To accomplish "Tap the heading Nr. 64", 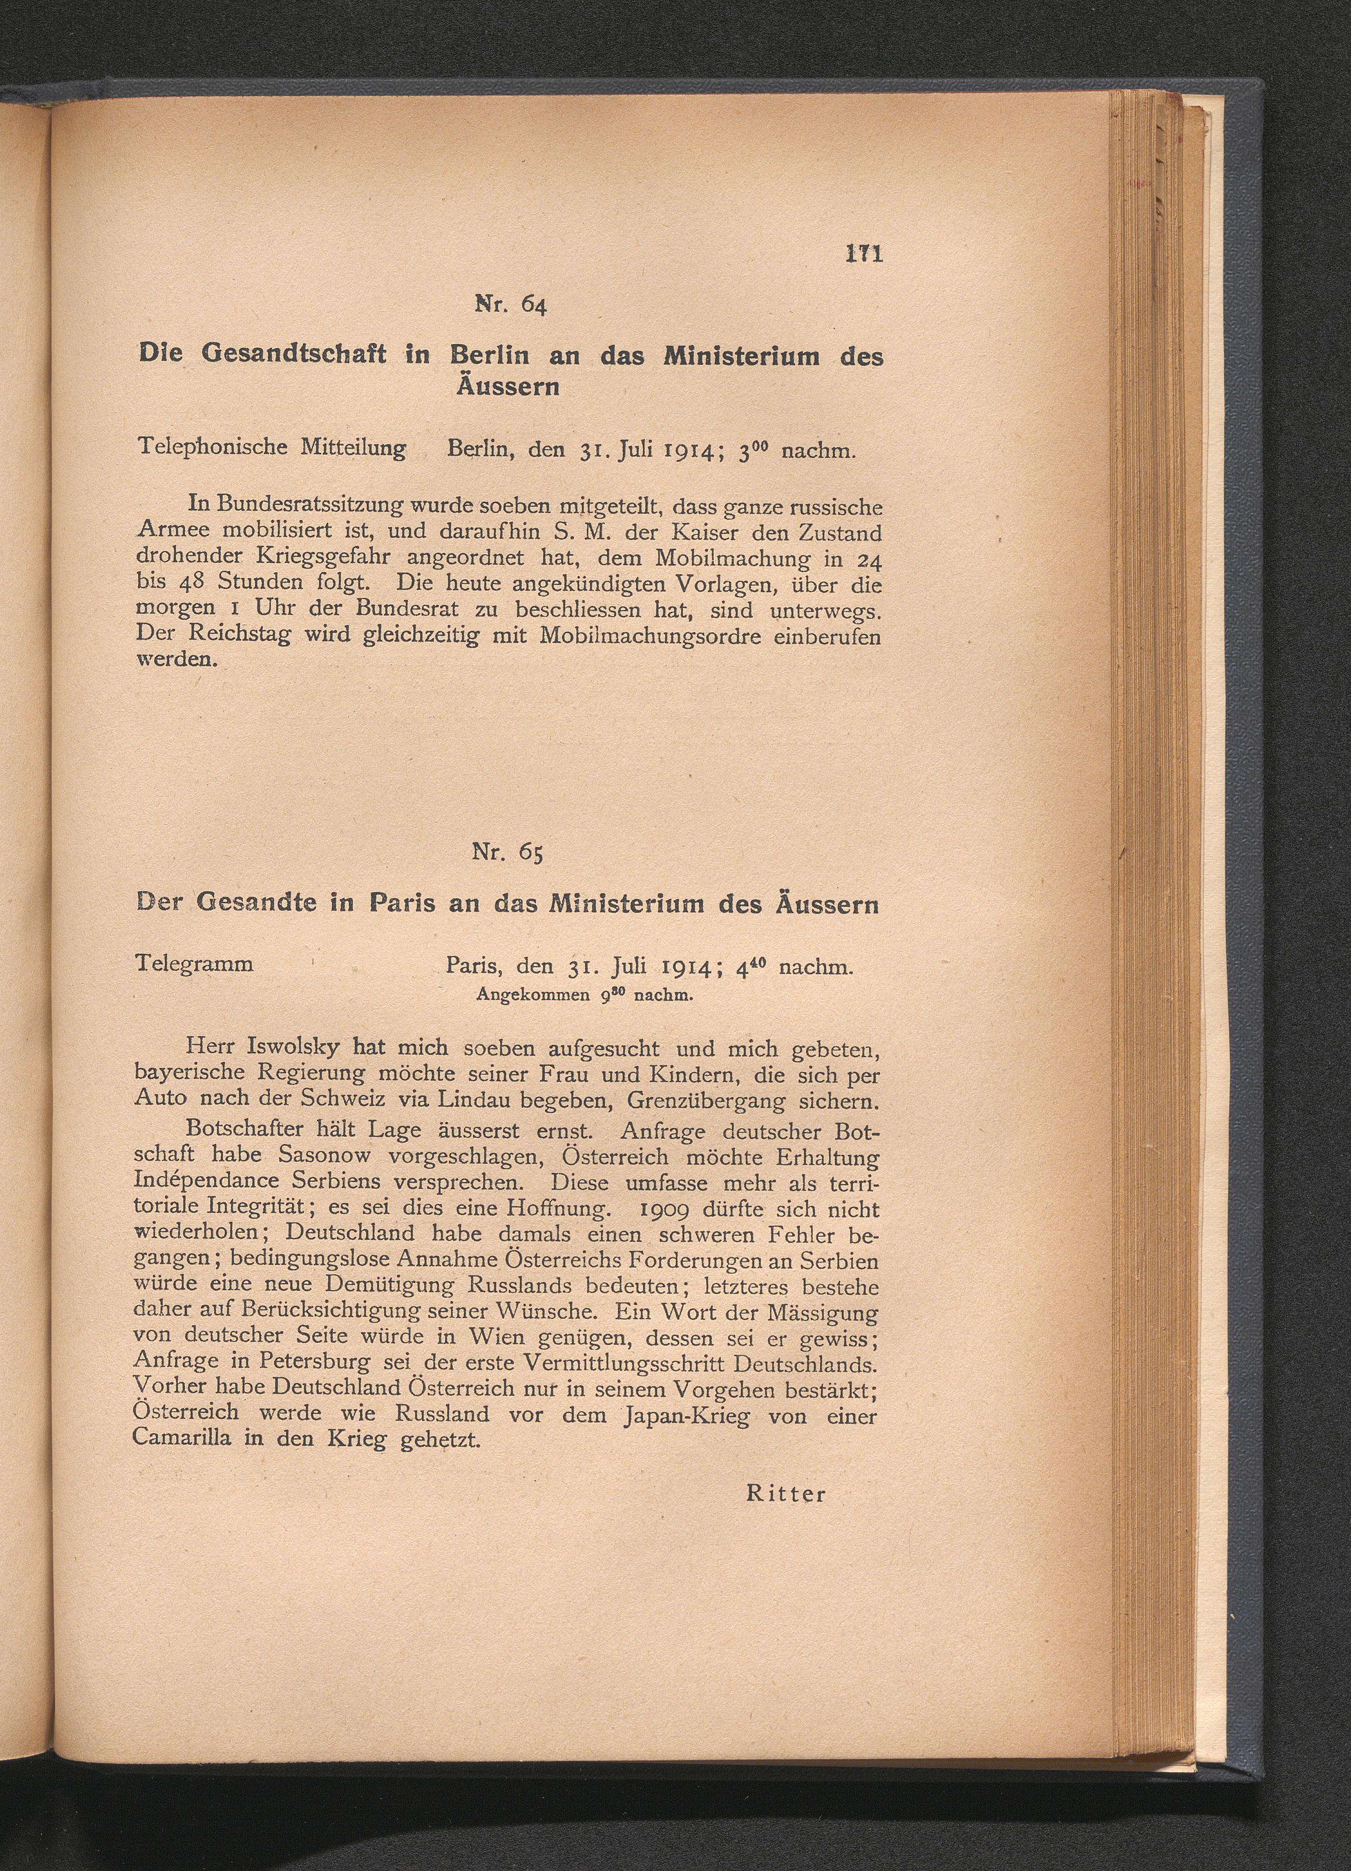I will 511,305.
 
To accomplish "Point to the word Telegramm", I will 195,964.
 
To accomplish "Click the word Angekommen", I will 533,995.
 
